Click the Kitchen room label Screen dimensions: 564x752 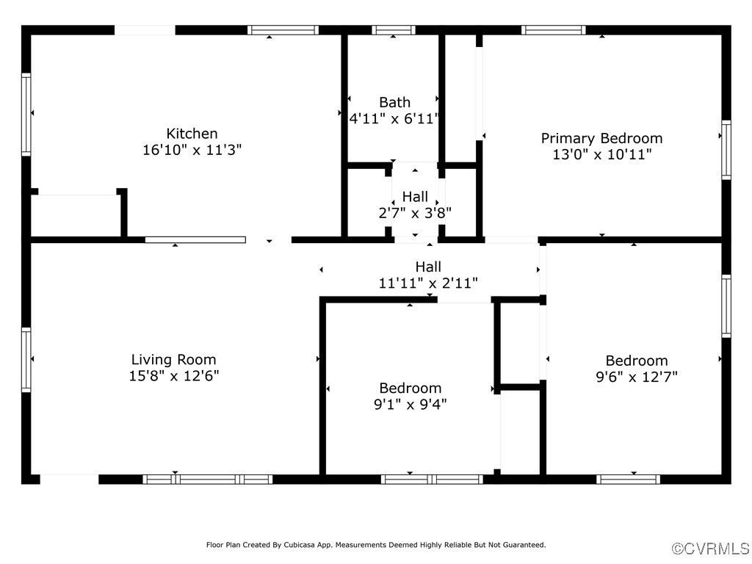click(x=192, y=134)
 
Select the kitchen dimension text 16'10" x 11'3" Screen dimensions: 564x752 click(x=192, y=150)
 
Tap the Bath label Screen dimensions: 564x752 click(x=394, y=102)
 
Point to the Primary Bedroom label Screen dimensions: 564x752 click(x=601, y=138)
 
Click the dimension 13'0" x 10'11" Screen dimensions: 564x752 click(x=601, y=154)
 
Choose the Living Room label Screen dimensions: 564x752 click(x=173, y=359)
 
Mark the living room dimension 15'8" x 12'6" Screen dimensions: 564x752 click(x=173, y=376)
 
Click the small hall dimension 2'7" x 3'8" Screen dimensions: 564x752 click(x=415, y=213)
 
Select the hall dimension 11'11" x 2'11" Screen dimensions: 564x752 click(x=428, y=283)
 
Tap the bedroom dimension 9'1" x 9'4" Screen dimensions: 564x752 click(x=411, y=404)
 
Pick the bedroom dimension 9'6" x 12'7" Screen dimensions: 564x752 click(x=636, y=377)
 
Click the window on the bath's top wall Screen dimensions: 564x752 click(x=394, y=30)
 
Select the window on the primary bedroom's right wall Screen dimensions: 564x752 click(x=726, y=151)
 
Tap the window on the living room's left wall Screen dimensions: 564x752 click(x=26, y=360)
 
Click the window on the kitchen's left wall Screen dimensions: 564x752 click(x=26, y=114)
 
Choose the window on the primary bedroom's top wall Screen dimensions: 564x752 click(x=553, y=30)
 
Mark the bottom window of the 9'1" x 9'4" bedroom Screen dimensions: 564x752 click(x=432, y=480)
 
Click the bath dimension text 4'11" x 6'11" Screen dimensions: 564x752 click(x=394, y=118)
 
